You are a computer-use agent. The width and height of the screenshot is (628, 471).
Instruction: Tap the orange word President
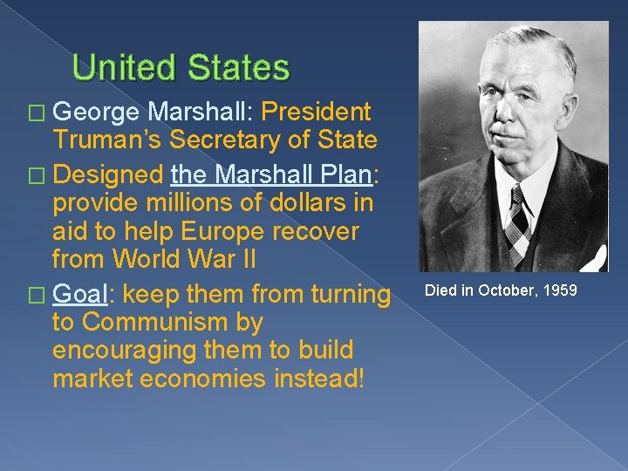316,113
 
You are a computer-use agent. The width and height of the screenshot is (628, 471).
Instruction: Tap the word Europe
219,232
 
